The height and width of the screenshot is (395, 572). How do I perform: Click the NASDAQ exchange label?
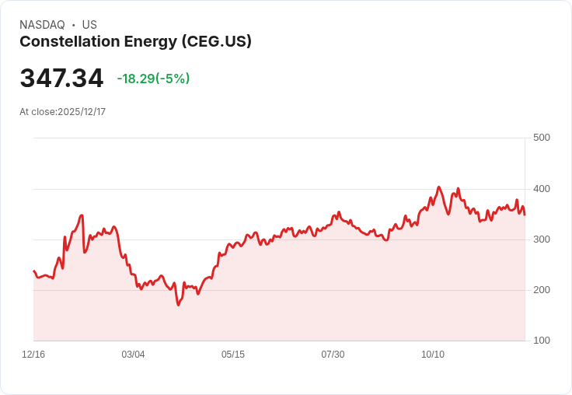(x=42, y=25)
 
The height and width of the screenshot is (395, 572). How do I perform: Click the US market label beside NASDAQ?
(x=89, y=25)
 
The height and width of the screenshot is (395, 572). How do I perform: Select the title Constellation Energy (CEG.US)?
(x=135, y=42)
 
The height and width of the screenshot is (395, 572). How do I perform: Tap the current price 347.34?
(x=61, y=79)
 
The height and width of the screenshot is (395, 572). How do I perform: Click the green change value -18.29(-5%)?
(x=153, y=79)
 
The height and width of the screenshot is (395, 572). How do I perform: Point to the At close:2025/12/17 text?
(x=62, y=112)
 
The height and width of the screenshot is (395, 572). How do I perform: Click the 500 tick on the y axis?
(x=541, y=138)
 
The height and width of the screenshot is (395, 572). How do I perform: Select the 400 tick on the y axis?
(x=541, y=189)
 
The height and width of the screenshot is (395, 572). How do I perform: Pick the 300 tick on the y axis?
(x=541, y=239)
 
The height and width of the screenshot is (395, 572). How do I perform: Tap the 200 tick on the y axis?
(x=541, y=290)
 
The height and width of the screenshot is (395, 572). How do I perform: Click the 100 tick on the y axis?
(x=541, y=341)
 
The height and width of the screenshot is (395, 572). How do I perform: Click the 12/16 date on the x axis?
(x=33, y=355)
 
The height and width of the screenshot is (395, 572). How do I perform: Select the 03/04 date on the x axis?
(x=133, y=355)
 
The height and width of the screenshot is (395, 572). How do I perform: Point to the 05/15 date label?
(x=233, y=355)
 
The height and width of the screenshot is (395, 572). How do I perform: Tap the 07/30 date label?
(x=333, y=355)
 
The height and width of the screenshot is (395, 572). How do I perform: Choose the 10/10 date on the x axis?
(x=433, y=355)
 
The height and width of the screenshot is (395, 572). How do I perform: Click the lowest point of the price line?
(x=178, y=305)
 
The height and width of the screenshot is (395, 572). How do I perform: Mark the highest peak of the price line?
(x=439, y=187)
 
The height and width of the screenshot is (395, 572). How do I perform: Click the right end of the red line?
(x=525, y=215)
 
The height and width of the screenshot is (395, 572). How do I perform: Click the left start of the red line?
(x=33, y=271)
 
